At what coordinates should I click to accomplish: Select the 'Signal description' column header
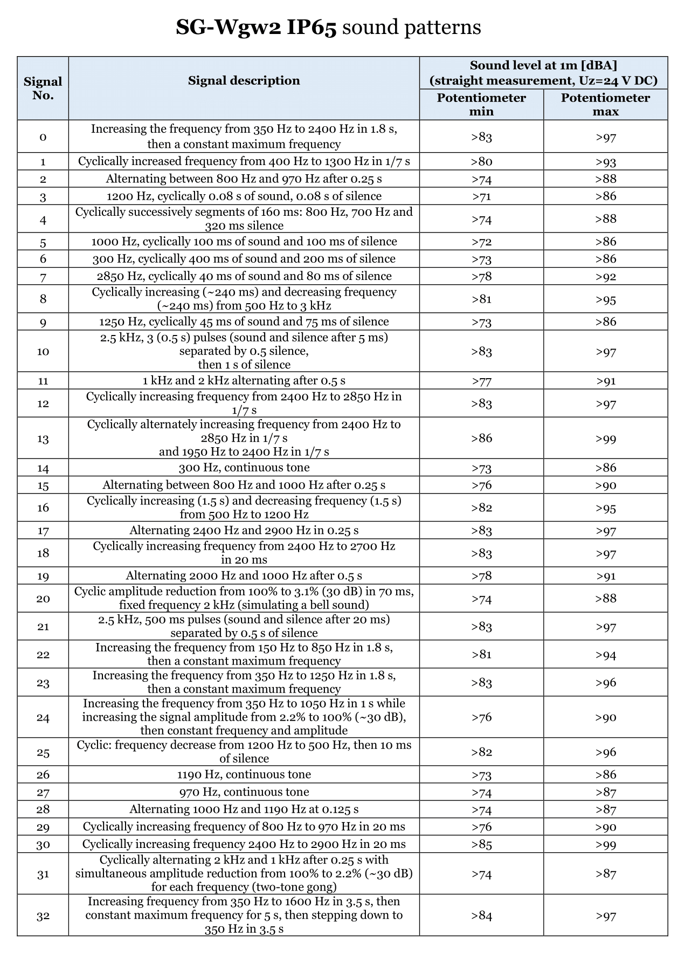point(244,81)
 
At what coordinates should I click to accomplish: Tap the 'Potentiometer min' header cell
point(481,105)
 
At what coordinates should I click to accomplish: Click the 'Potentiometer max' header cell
point(605,105)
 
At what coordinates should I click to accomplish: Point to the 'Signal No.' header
point(43,88)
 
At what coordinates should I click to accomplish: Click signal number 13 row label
point(43,439)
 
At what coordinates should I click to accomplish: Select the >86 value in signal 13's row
point(481,439)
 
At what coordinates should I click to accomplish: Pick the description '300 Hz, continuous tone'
point(244,468)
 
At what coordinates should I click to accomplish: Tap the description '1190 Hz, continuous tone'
point(244,775)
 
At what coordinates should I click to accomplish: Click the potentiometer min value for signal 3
point(481,196)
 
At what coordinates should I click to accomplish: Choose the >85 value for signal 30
point(481,844)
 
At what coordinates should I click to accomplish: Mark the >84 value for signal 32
point(481,916)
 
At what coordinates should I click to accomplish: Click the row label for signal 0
point(43,137)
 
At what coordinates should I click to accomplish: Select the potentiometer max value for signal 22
point(605,655)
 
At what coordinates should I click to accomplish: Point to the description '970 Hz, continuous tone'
point(244,792)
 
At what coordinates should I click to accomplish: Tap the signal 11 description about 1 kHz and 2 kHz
point(244,381)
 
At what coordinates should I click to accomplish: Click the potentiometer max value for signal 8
point(605,299)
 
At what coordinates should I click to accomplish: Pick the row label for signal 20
point(43,599)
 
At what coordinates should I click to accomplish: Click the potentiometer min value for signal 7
point(481,277)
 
